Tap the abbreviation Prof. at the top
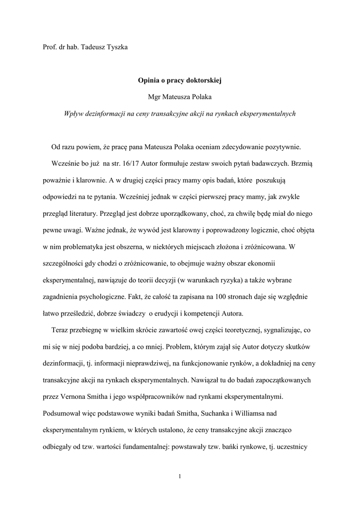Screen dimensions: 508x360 49,47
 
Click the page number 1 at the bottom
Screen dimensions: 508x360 180,477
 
